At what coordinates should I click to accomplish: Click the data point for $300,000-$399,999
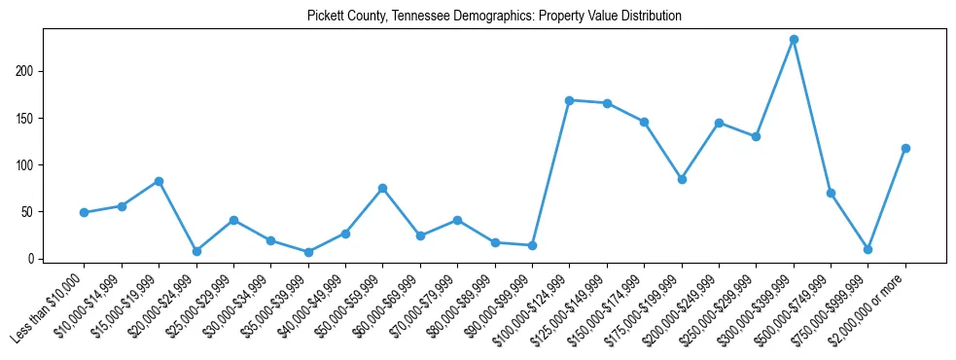794,40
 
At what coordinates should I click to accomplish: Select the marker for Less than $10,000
85,212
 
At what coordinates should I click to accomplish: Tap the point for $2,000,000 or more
905,148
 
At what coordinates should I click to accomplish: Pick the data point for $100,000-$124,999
570,100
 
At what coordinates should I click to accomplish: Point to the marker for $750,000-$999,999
867,249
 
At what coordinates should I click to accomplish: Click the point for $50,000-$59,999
383,188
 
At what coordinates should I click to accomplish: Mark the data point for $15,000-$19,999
159,181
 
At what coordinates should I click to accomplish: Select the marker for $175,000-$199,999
682,179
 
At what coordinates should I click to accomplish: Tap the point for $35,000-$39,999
308,252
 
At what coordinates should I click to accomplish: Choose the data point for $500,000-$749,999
831,193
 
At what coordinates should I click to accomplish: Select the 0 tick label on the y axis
32,259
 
